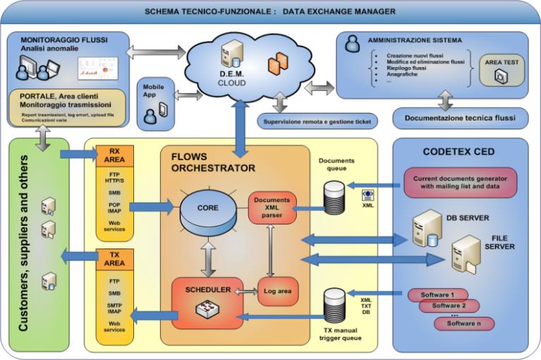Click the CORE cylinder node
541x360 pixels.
209,209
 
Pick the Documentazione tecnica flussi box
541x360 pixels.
460,118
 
